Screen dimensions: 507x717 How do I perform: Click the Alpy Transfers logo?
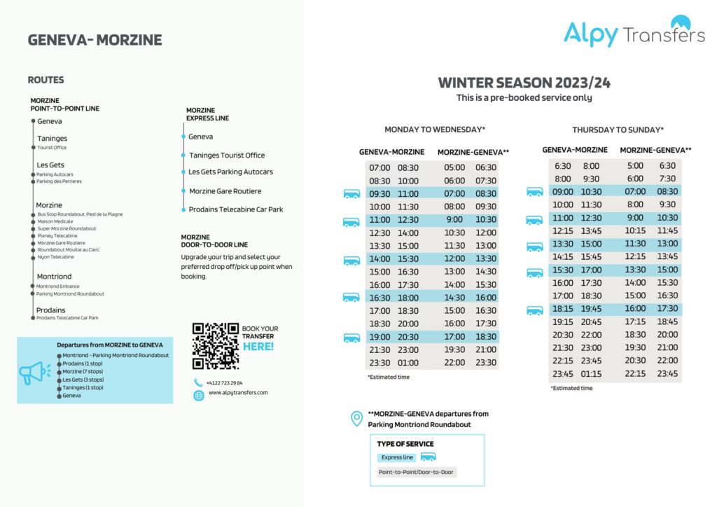[634, 32]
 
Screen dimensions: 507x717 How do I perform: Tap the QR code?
[215, 346]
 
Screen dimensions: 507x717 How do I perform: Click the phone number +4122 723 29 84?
[224, 383]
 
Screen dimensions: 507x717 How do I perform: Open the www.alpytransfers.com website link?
[238, 393]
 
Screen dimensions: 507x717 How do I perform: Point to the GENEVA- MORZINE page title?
[95, 40]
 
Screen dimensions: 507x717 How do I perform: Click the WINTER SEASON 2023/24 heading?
[524, 83]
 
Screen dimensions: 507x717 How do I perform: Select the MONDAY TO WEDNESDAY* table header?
[435, 130]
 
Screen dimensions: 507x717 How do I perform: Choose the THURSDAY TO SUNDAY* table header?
[618, 130]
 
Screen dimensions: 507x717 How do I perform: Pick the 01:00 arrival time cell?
[408, 363]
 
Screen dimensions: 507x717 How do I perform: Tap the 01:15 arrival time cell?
[591, 374]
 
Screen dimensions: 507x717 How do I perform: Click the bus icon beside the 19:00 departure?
[351, 338]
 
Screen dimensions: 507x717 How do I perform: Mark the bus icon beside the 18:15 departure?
[535, 310]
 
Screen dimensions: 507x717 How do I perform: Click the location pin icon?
[356, 419]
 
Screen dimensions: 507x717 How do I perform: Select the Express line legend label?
[397, 457]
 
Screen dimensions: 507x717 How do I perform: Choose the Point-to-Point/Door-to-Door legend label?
[416, 472]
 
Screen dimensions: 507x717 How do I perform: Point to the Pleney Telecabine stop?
[57, 236]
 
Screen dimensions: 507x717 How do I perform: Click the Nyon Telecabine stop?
[55, 257]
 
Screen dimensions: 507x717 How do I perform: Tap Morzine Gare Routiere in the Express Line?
[225, 191]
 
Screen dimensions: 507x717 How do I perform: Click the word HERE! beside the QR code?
[258, 346]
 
